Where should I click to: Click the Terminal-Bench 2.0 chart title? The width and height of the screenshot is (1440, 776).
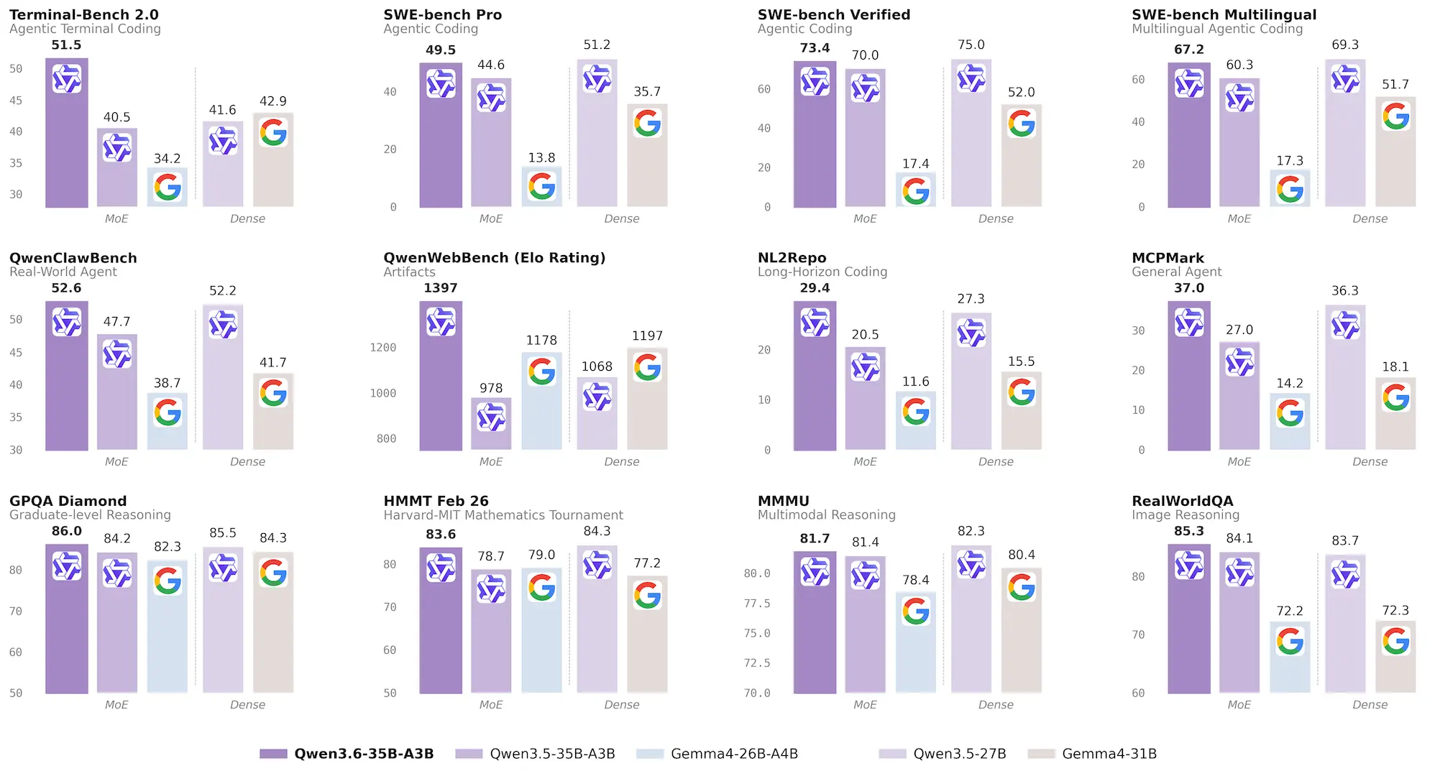[83, 14]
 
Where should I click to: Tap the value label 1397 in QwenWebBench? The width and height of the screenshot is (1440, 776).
[440, 288]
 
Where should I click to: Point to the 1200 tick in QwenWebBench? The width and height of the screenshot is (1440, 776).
[382, 348]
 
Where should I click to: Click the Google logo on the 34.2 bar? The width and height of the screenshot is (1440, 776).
[168, 188]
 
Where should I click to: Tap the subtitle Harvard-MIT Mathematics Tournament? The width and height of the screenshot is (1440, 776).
[503, 515]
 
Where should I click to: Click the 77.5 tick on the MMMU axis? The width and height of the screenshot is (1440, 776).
[756, 604]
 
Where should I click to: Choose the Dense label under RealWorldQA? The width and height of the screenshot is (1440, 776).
[1370, 705]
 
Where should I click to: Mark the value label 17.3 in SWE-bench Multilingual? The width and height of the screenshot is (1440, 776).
[1289, 161]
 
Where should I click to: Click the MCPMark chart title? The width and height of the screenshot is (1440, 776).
[1167, 258]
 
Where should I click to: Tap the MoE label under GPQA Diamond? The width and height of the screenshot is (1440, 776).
[116, 705]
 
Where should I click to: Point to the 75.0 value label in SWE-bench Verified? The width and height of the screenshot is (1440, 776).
[971, 45]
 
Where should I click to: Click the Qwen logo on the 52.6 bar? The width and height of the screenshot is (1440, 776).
[67, 323]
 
